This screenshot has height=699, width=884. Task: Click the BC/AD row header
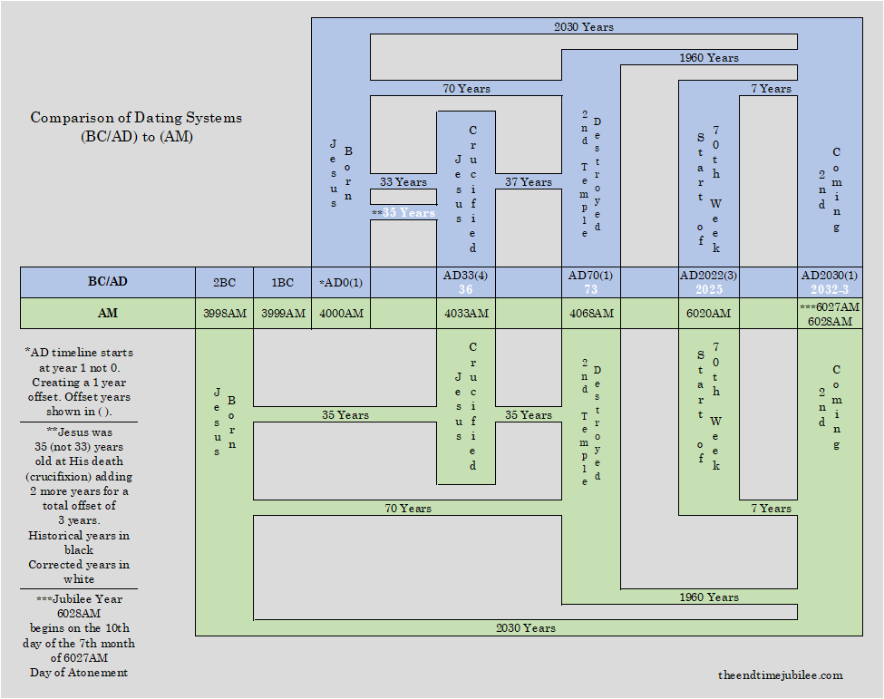point(107,282)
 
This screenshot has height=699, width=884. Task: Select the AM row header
point(107,313)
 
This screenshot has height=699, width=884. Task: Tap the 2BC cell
point(224,282)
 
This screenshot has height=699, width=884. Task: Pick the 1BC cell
point(282,282)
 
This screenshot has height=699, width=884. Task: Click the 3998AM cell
point(224,313)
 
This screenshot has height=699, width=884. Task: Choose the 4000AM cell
point(341,313)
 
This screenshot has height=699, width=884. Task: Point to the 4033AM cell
point(466,313)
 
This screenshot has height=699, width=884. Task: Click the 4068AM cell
point(590,313)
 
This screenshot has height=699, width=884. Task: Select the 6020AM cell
point(709,313)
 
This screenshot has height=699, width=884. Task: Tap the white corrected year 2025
point(709,290)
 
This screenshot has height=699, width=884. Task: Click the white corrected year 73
point(590,290)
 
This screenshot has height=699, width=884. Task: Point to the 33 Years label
point(403,182)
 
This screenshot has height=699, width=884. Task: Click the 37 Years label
point(529,182)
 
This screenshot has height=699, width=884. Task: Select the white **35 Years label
point(403,213)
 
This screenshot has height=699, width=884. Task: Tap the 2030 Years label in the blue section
point(584,27)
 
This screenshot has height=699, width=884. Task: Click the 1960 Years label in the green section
point(709,597)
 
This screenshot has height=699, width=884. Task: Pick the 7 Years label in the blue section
point(771,89)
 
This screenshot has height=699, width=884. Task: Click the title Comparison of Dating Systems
point(136,118)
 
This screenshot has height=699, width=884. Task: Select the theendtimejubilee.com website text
point(780,675)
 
